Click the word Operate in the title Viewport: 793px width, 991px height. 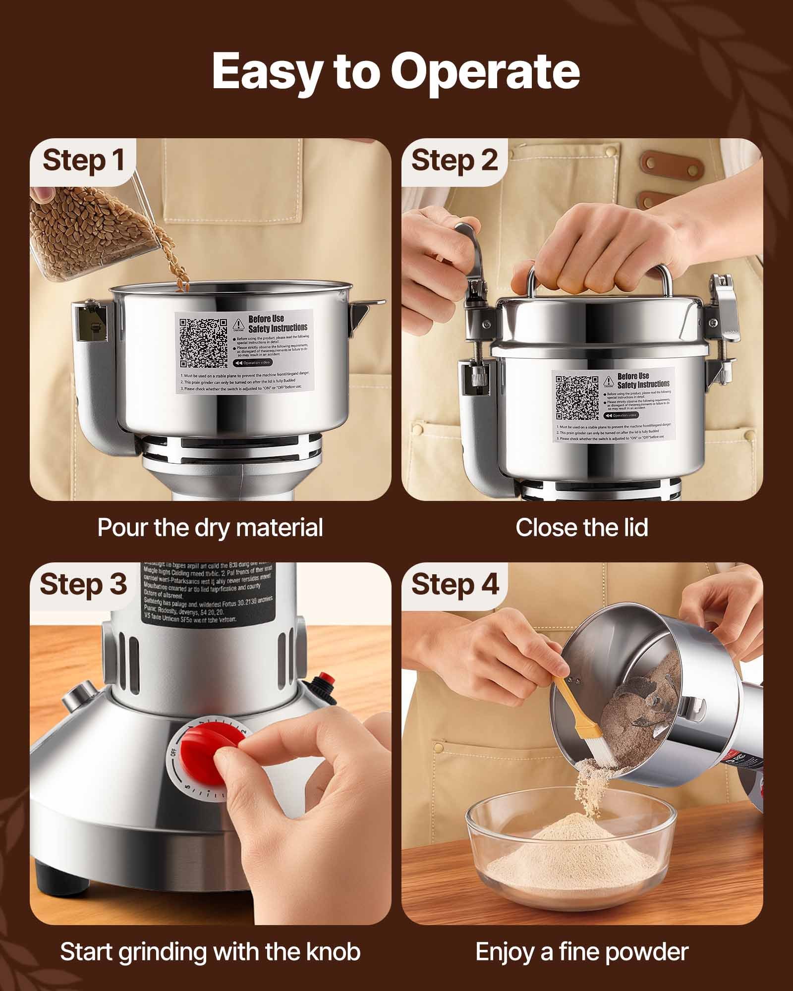pyautogui.click(x=485, y=72)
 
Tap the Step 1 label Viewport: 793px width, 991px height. pyautogui.click(x=83, y=161)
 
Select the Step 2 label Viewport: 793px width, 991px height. pyautogui.click(x=453, y=161)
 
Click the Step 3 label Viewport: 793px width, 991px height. pyautogui.click(x=83, y=584)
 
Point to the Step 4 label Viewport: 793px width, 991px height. pyautogui.click(x=453, y=584)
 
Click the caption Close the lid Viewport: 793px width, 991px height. pyautogui.click(x=581, y=527)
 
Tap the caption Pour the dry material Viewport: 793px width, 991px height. pyautogui.click(x=210, y=527)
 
